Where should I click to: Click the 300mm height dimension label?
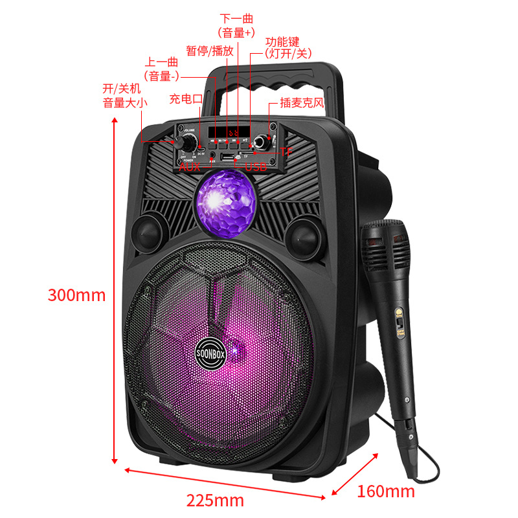click(x=76, y=295)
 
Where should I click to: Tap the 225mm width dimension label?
click(x=216, y=500)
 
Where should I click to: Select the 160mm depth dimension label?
click(x=386, y=491)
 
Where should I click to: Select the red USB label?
click(x=256, y=167)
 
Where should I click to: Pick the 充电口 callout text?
click(x=186, y=99)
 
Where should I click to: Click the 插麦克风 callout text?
click(x=302, y=102)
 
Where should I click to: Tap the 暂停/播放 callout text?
click(x=209, y=51)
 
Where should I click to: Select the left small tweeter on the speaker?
click(x=150, y=232)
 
